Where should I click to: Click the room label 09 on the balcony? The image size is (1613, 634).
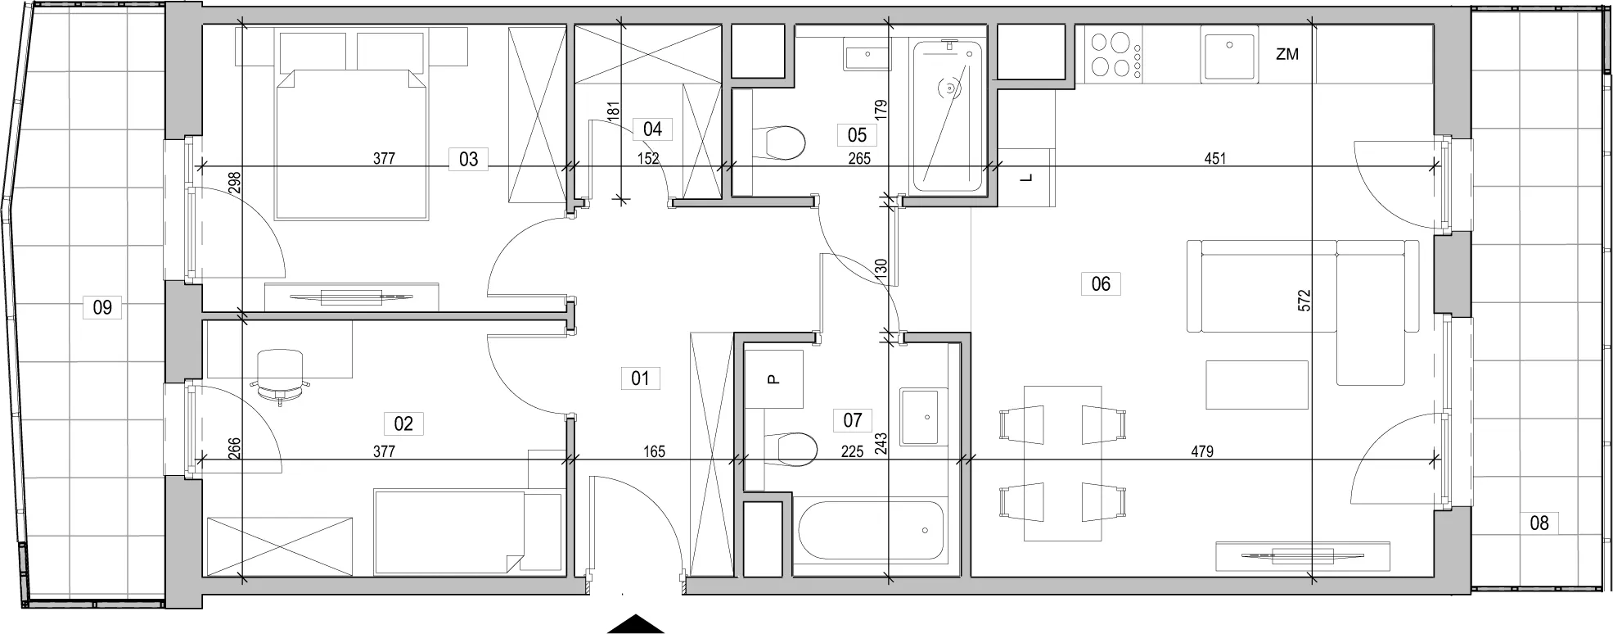(102, 308)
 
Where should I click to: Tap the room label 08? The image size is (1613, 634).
(1539, 523)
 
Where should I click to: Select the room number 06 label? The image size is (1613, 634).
(1101, 283)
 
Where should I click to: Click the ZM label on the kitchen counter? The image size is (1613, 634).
(1287, 55)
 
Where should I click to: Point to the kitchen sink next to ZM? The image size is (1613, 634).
(1228, 57)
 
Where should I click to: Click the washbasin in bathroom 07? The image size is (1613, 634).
(924, 416)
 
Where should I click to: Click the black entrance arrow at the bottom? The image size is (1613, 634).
(635, 623)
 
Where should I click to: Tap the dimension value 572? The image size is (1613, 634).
(1305, 300)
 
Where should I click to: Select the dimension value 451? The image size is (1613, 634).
(1215, 159)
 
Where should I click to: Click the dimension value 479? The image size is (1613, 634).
(1202, 451)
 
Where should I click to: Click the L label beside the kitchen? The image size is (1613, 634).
(1029, 178)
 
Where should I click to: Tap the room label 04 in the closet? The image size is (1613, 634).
(652, 129)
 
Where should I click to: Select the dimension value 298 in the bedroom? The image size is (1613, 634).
(236, 182)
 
